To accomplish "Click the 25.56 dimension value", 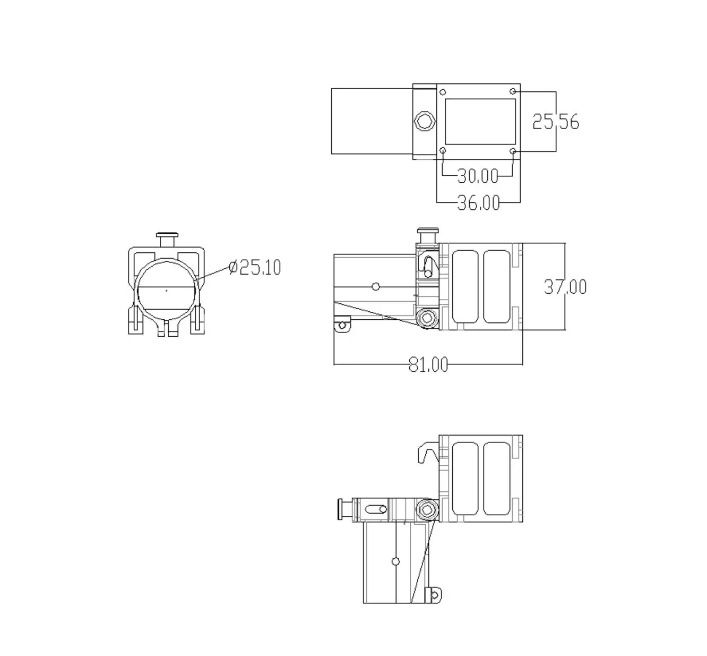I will [555, 122].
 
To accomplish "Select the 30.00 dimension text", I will [478, 175].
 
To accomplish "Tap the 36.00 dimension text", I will [478, 202].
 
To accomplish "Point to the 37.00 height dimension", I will [565, 287].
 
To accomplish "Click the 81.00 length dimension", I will [428, 364].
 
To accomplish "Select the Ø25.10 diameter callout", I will [255, 267].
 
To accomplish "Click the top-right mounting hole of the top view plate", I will [513, 91].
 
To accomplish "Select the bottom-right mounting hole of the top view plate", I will [513, 151].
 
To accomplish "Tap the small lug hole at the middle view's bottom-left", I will [342, 325].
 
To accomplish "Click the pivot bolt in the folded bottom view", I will [426, 510].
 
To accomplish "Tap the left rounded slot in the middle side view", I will [465, 286].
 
